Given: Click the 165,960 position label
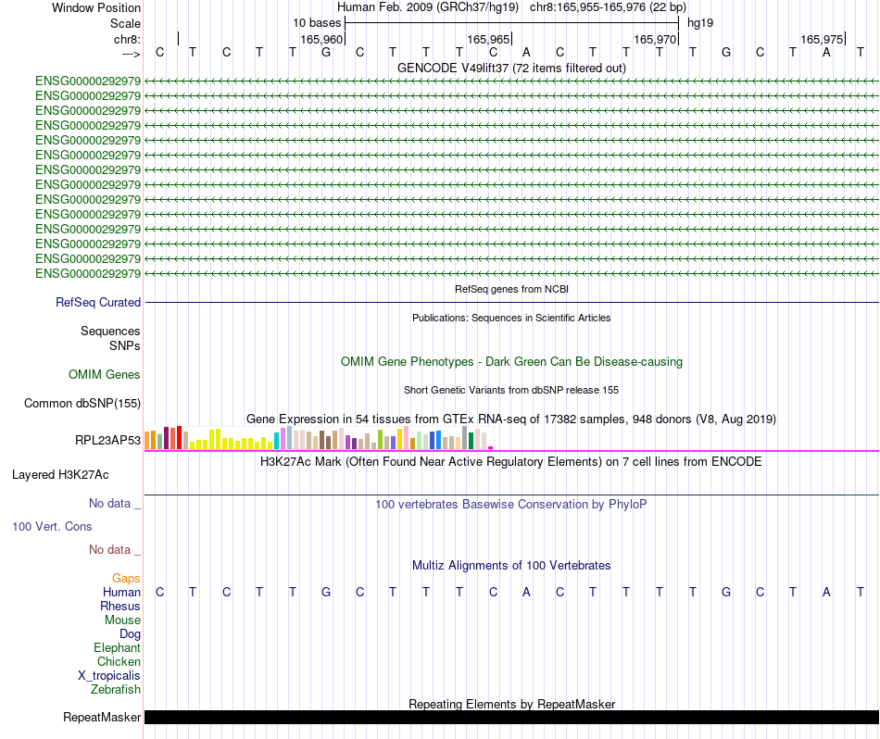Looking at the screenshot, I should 322,39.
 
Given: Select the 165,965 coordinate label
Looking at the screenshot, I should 489,39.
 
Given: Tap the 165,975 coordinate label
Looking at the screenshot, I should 823,39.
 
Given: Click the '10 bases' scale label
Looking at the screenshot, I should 317,22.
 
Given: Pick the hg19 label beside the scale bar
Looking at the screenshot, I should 700,22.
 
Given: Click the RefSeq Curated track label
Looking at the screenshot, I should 98,302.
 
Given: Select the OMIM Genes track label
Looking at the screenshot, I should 105,374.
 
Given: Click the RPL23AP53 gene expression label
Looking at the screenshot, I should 108,440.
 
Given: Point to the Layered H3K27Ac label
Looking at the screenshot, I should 60,474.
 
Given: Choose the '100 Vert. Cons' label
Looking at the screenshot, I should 52,526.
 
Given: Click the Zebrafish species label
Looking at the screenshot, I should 116,689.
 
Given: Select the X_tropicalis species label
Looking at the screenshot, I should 109,675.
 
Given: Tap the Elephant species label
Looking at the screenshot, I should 117,647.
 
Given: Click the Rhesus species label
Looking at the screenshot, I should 120,606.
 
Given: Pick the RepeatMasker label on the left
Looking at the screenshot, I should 102,717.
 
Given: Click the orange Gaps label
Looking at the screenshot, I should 126,578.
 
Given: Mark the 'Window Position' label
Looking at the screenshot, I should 96,7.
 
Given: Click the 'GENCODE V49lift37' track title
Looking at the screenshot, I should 511,68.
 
